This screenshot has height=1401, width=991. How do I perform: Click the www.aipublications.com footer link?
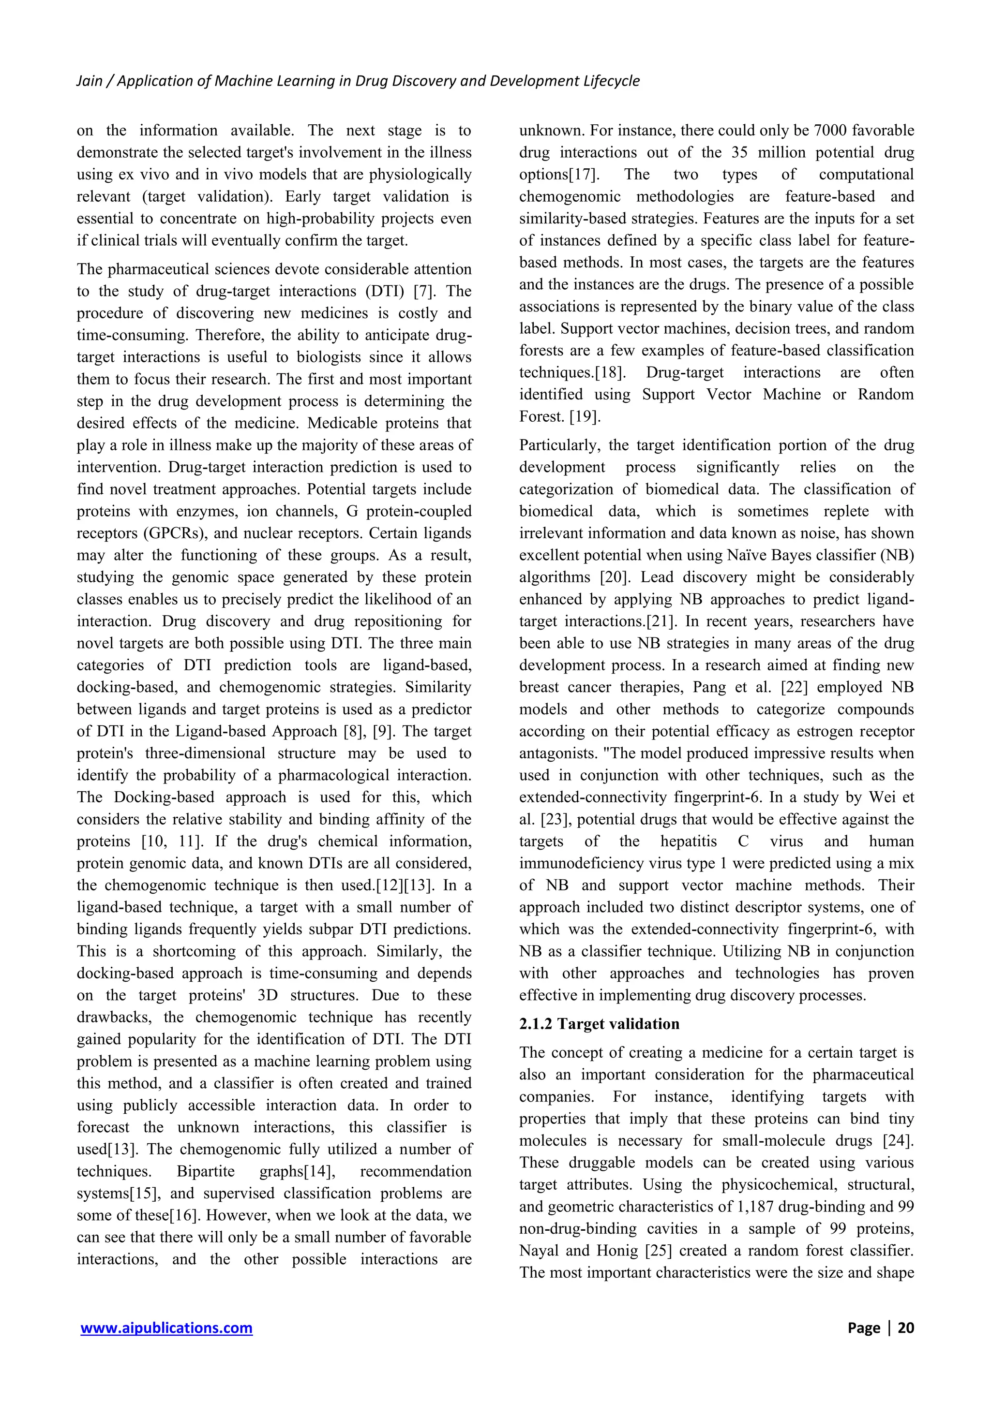(166, 1328)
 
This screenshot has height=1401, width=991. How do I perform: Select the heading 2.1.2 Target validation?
(599, 1024)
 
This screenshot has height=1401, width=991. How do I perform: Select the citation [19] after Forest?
(585, 417)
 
